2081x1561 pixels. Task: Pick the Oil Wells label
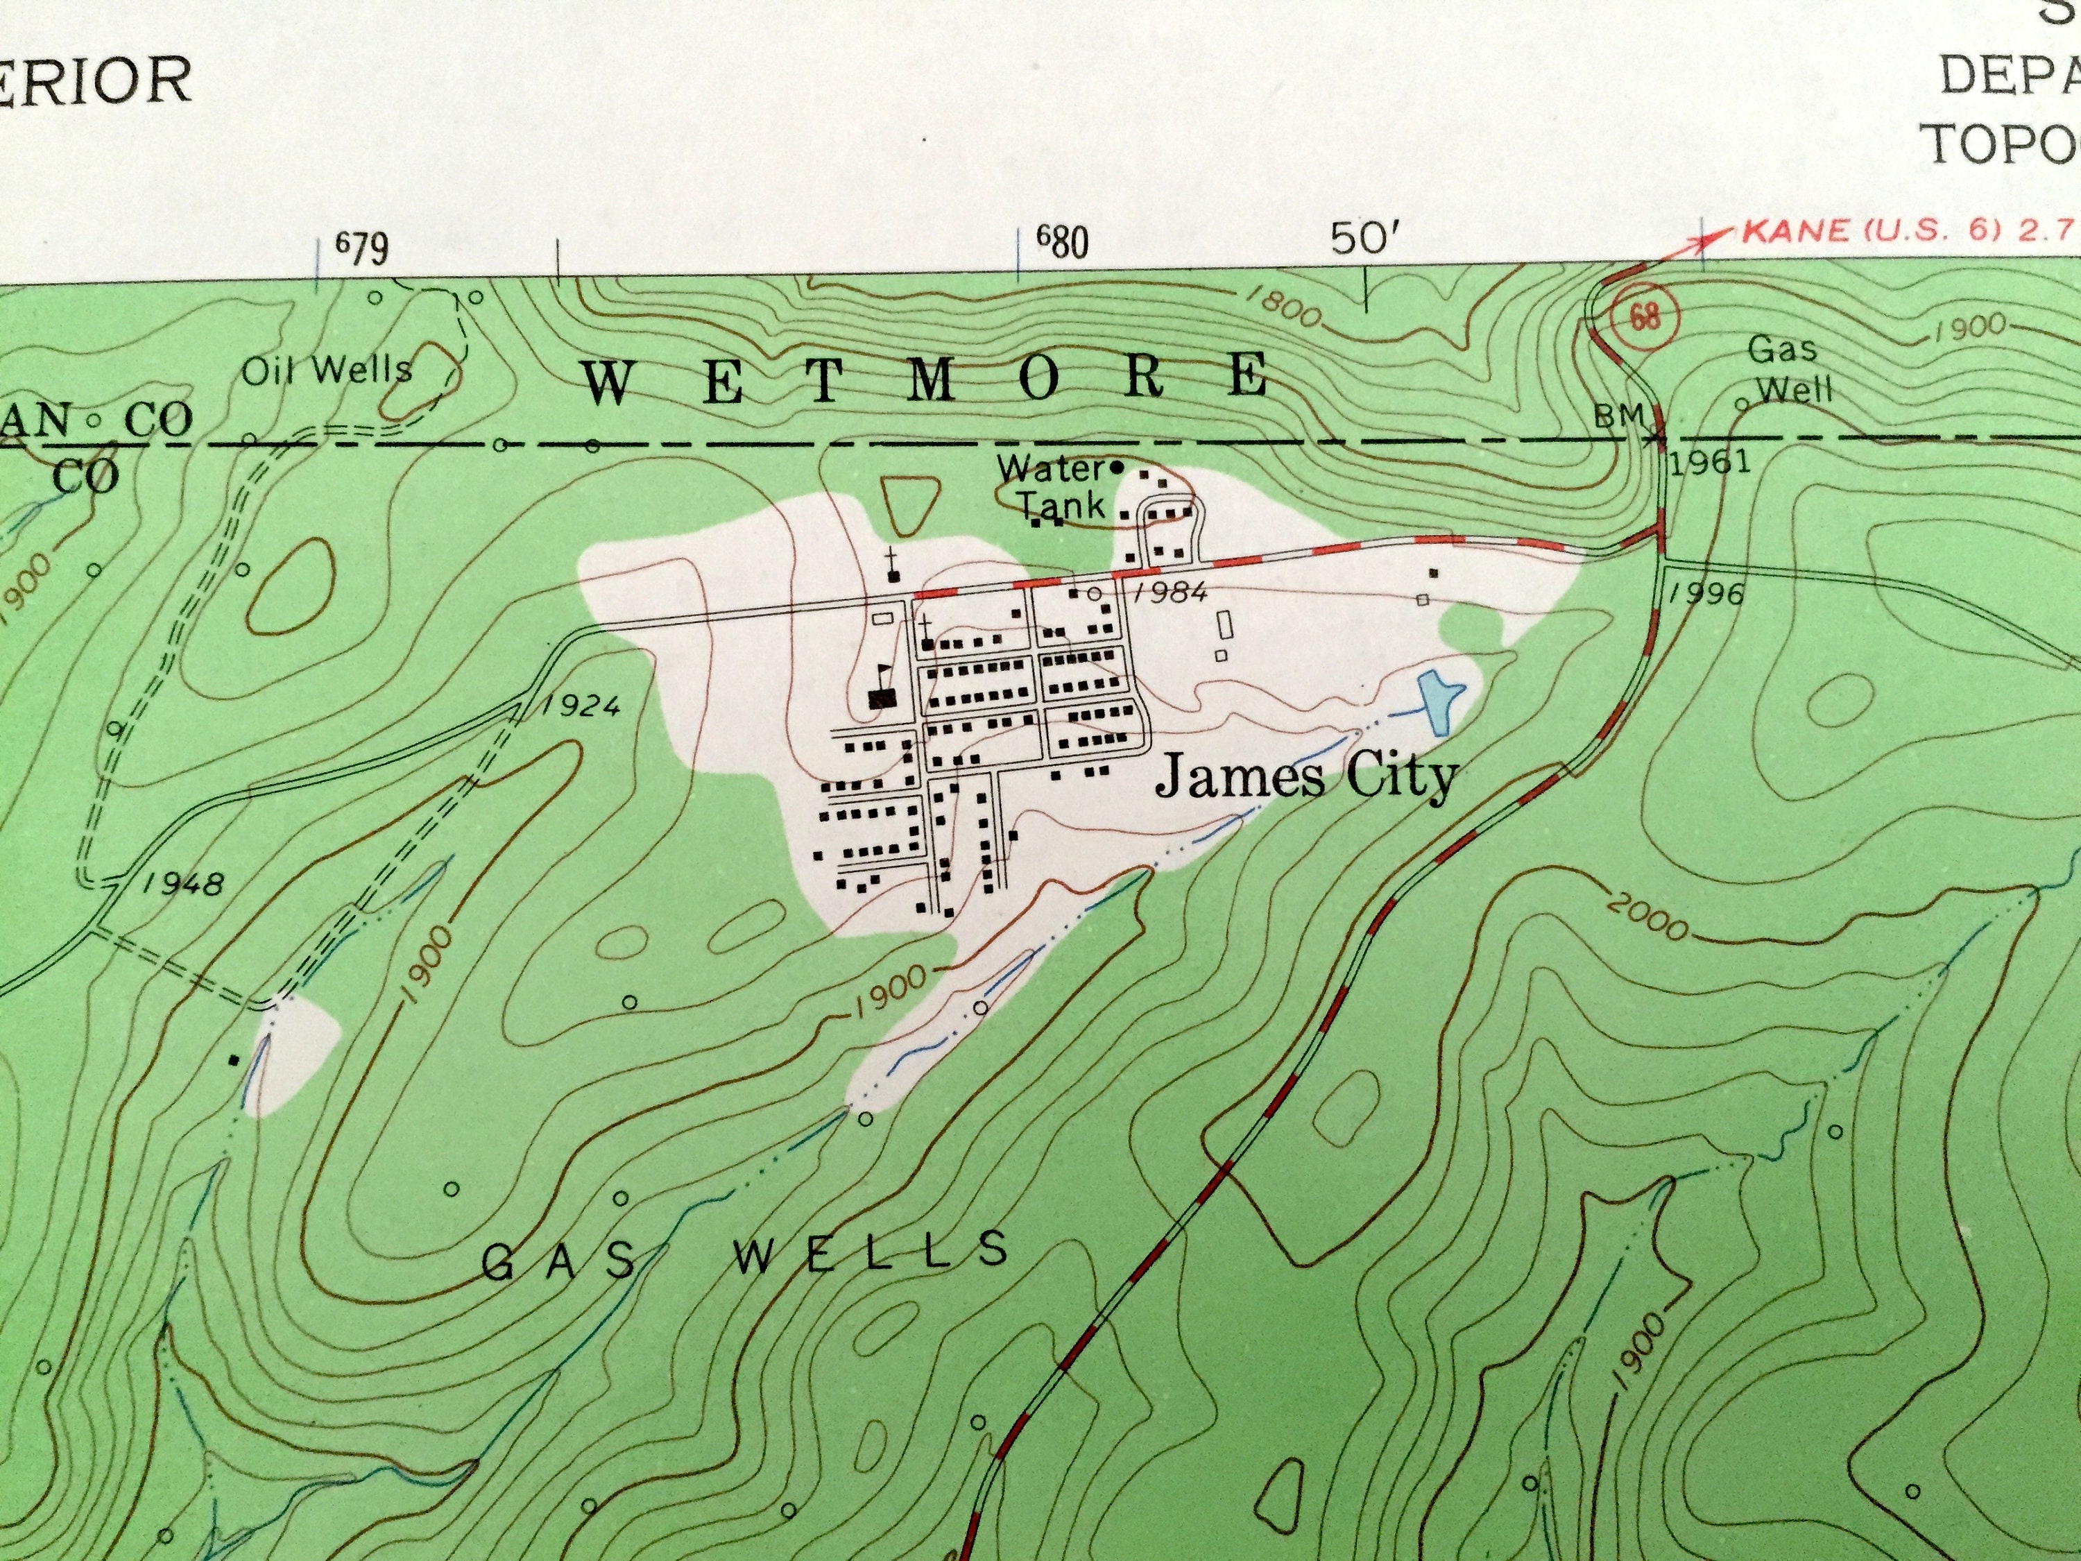[x=327, y=370]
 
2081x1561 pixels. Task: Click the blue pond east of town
[x=1437, y=698]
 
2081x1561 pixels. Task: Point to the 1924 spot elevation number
[x=581, y=706]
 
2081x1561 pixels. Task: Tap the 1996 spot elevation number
[x=1706, y=594]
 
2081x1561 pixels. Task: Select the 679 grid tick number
[x=362, y=248]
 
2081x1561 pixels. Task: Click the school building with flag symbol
[x=882, y=697]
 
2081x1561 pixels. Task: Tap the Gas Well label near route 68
[x=1788, y=369]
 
